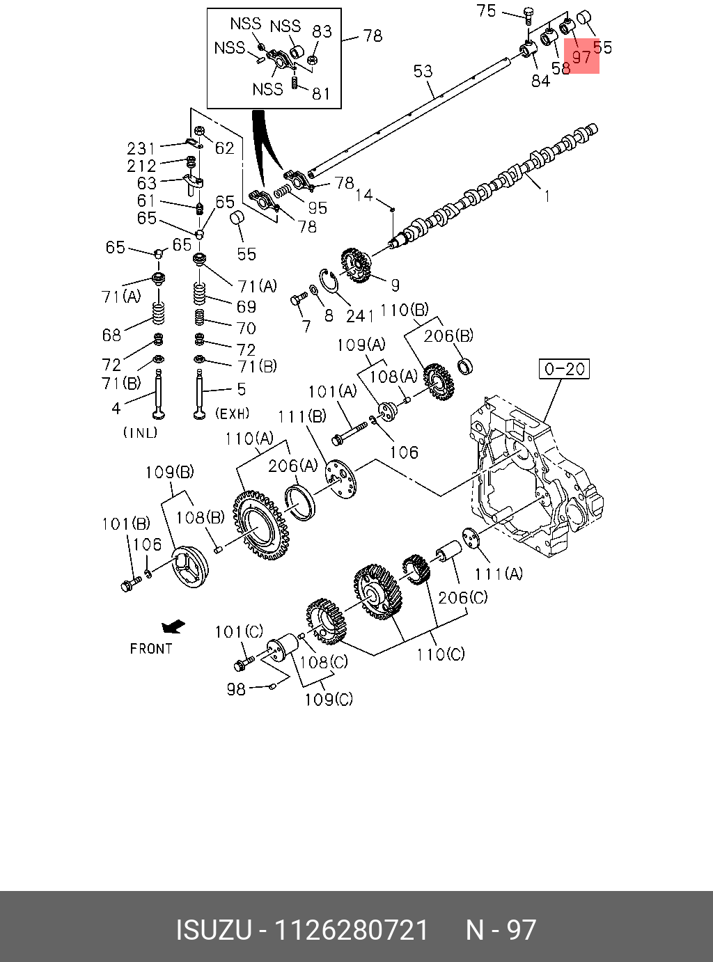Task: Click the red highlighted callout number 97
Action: point(581,56)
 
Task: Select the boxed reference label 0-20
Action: point(564,368)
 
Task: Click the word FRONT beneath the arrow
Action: point(150,649)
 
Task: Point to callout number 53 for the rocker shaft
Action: point(423,71)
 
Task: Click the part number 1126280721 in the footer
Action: point(352,930)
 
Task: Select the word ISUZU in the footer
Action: point(212,930)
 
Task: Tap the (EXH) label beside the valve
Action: point(232,413)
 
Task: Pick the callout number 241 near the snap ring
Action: point(360,316)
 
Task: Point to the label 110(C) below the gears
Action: point(441,654)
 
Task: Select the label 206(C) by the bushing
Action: point(462,597)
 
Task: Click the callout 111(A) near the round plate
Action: point(499,574)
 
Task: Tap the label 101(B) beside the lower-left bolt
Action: point(126,523)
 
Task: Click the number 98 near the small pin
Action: point(236,689)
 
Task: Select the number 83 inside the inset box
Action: point(322,31)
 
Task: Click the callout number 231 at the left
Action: point(141,148)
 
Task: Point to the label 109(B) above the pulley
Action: point(169,472)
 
